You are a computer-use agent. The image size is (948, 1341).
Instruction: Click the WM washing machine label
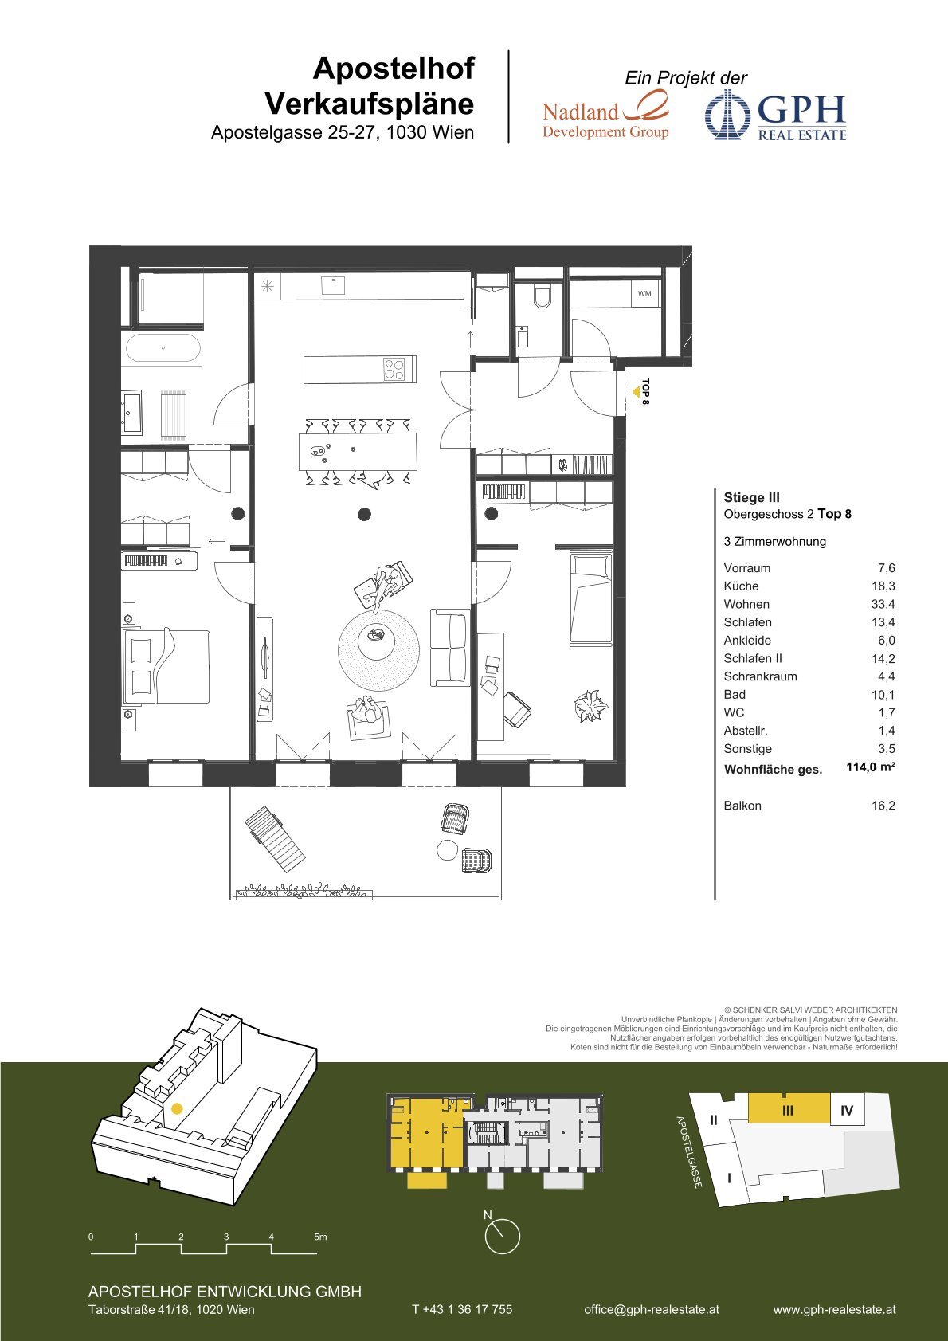click(644, 294)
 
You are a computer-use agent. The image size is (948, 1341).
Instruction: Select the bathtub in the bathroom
click(163, 348)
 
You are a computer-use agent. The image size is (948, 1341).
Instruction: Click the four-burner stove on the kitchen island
click(394, 369)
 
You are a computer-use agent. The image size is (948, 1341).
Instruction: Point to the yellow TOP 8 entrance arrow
click(637, 391)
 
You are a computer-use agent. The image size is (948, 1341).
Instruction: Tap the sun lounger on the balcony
click(275, 837)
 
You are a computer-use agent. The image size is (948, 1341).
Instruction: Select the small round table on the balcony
click(447, 850)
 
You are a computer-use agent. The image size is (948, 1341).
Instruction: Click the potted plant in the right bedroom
click(590, 707)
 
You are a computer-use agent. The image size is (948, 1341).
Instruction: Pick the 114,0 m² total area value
click(871, 767)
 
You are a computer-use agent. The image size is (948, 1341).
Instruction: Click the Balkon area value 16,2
click(883, 806)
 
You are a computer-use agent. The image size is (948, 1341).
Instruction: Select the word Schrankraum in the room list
click(760, 676)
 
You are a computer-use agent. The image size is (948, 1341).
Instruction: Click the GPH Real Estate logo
click(776, 116)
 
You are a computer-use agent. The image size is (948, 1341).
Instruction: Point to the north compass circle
click(502, 1237)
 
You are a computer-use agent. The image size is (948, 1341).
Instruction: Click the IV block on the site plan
click(846, 1111)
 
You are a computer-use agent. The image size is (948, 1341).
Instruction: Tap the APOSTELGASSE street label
click(689, 1152)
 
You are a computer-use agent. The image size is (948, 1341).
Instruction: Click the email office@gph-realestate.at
click(652, 1309)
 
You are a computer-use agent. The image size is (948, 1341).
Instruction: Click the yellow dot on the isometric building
click(177, 1108)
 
